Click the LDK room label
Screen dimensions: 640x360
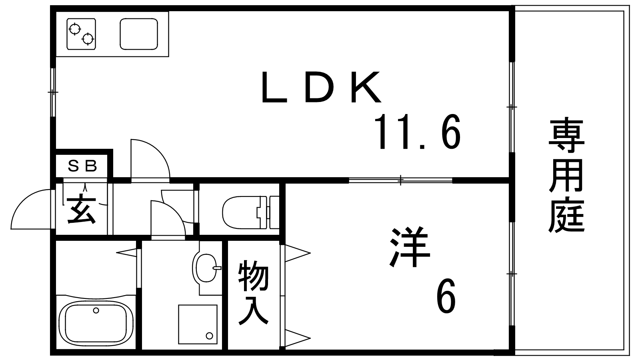point(321,87)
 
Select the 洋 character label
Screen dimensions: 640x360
point(410,247)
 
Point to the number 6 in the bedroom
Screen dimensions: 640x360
point(446,296)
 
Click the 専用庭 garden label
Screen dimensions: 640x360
point(566,176)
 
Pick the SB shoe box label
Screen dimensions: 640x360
point(82,166)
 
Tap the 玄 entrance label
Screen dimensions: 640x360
point(81,209)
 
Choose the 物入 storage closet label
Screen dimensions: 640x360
point(253,293)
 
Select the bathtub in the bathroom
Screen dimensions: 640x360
point(96,323)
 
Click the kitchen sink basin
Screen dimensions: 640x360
point(139,34)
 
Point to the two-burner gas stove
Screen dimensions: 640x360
point(81,34)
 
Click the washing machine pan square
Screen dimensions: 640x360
point(198,324)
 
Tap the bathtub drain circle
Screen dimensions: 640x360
point(96,310)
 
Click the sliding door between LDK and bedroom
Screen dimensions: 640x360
point(400,180)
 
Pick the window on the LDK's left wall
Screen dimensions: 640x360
point(52,92)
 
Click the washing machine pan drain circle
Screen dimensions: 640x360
point(210,336)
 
